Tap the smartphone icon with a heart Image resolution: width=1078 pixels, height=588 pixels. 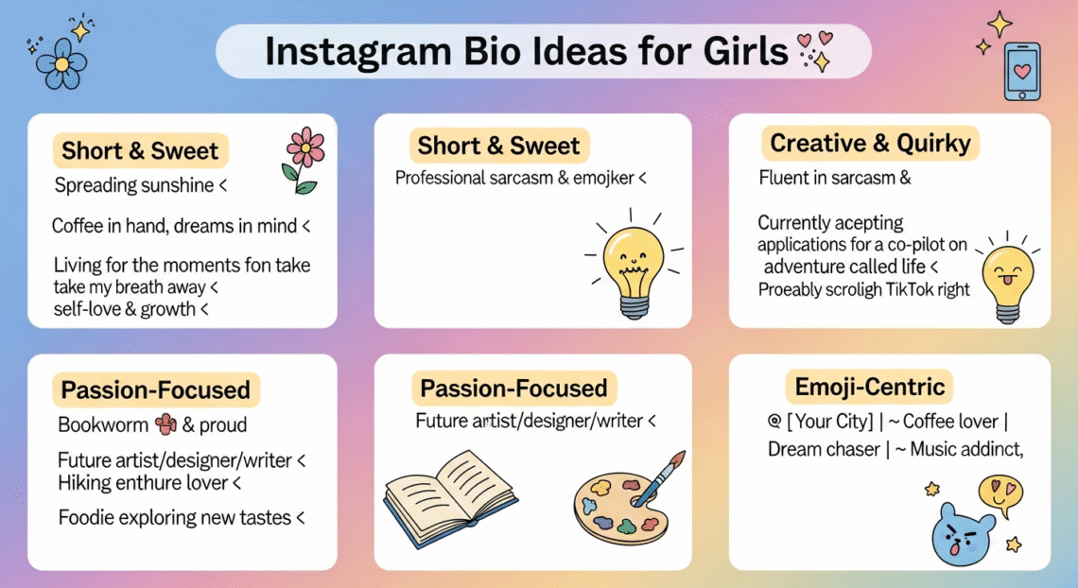(1021, 71)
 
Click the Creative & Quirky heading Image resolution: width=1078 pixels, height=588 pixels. (870, 144)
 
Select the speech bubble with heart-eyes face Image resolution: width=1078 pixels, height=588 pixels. (1000, 493)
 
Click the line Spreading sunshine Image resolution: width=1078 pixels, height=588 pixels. (134, 185)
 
